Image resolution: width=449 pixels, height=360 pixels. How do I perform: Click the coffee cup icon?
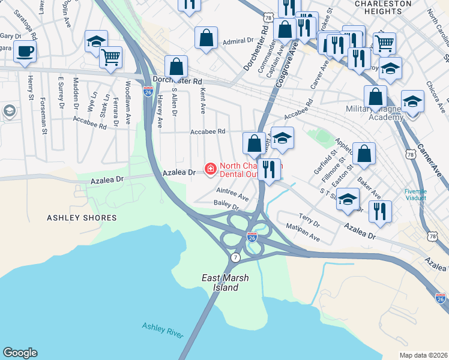pyautogui.click(x=25, y=52)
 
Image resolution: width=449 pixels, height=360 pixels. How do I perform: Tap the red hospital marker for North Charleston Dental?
pyautogui.click(x=211, y=170)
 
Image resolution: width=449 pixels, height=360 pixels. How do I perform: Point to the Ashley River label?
pyautogui.click(x=163, y=329)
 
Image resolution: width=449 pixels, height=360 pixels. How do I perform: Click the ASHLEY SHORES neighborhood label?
pyautogui.click(x=82, y=218)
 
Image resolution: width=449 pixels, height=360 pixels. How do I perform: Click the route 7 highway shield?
pyautogui.click(x=235, y=257)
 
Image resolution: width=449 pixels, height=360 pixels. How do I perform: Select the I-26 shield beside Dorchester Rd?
pyautogui.click(x=148, y=91)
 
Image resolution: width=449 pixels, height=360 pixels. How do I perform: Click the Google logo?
pyautogui.click(x=20, y=353)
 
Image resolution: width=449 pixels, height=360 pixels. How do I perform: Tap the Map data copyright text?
pyautogui.click(x=423, y=355)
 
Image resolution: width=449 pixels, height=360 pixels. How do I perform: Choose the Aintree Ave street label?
pyautogui.click(x=232, y=193)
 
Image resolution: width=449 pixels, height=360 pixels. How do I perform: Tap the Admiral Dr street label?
pyautogui.click(x=238, y=41)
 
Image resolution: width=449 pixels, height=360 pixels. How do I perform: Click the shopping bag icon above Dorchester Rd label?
pyautogui.click(x=176, y=67)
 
